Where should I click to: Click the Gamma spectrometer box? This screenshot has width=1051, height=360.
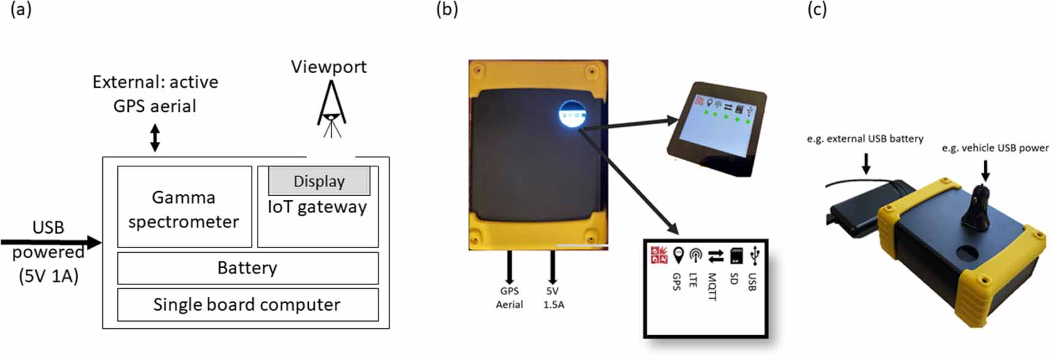coord(184,207)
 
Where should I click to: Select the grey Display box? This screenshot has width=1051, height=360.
coord(319,181)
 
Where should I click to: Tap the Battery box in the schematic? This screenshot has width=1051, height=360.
coord(247,268)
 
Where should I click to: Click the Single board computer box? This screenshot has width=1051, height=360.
coord(247,305)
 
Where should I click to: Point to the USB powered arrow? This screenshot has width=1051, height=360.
coord(52,242)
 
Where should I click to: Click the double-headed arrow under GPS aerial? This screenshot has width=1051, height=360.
coord(155,138)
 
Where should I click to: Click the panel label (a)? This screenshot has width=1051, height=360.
coord(21,10)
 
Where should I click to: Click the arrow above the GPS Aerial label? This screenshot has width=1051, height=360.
coord(509,267)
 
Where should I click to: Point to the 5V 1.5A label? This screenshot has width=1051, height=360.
coord(553,298)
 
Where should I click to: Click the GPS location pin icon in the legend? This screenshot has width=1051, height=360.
coord(678,255)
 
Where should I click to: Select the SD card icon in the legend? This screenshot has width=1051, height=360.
coord(736,256)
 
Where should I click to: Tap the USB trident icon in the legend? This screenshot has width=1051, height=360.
coord(755,255)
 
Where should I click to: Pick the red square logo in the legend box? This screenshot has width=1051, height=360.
coord(659,255)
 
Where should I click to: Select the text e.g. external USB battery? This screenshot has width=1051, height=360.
coord(865,139)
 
